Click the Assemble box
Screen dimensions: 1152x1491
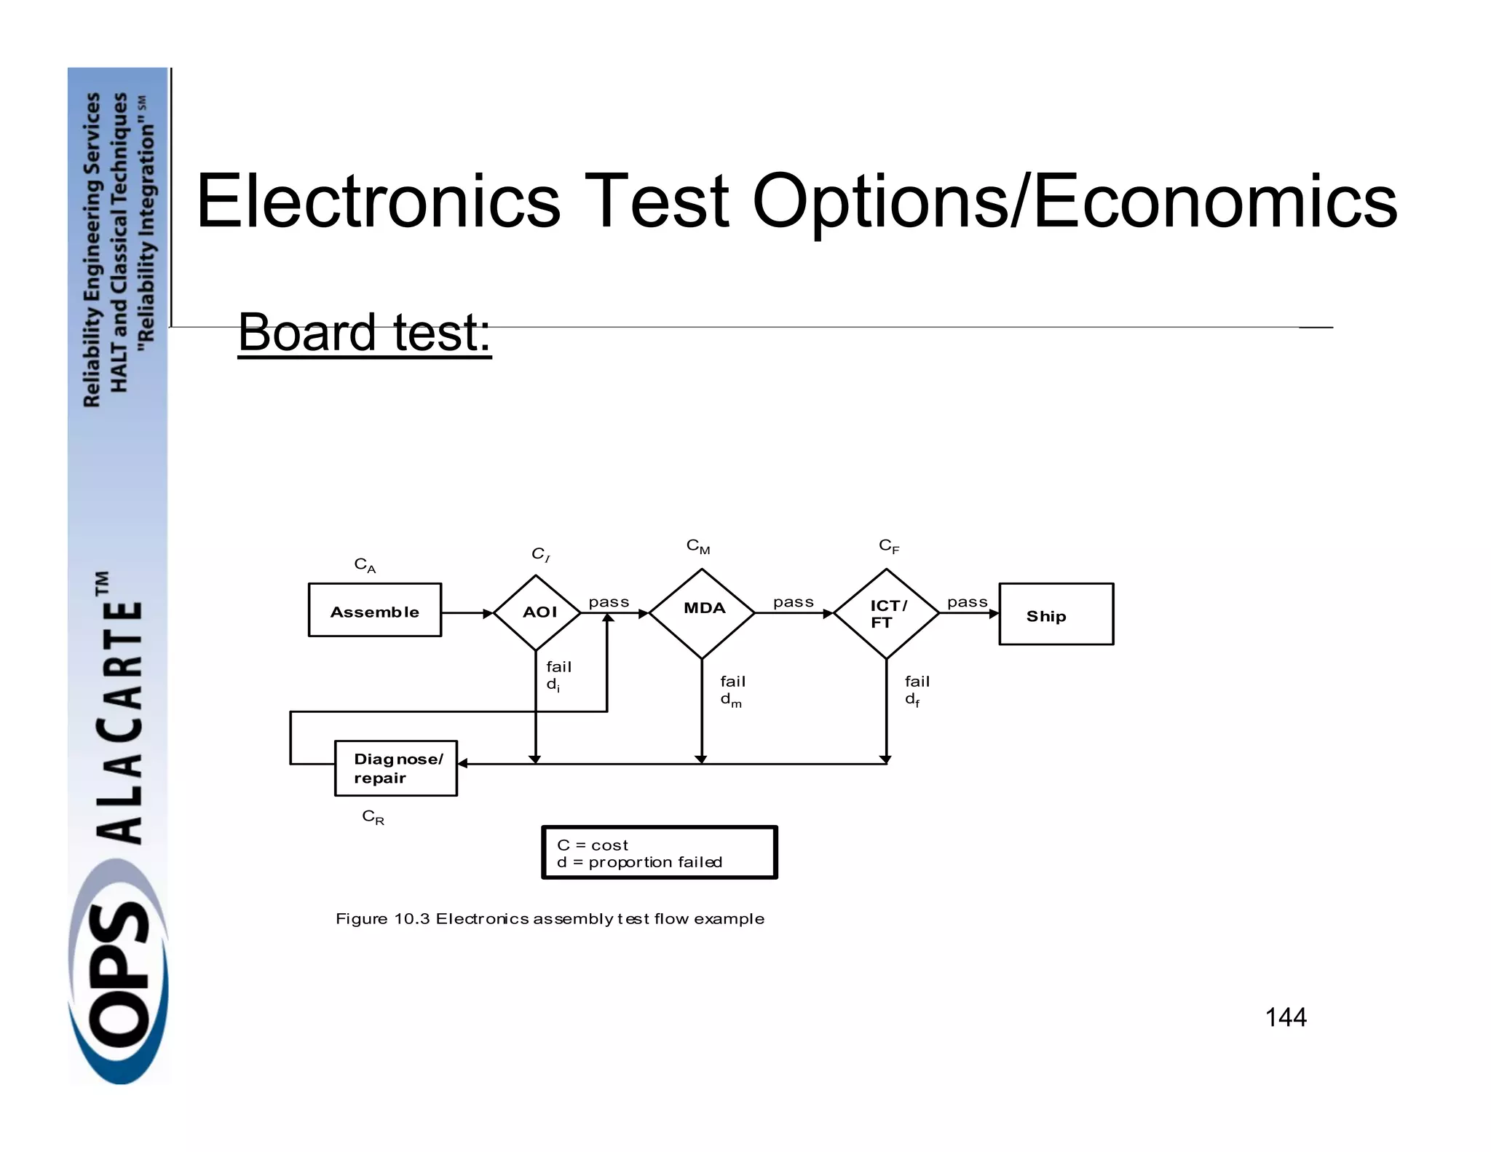click(374, 610)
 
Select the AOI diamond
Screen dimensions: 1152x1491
click(537, 612)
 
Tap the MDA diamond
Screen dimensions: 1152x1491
click(702, 612)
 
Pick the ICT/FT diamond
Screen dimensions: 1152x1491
click(886, 614)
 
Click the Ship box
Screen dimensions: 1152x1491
click(1056, 615)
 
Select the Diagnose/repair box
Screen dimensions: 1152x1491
click(396, 768)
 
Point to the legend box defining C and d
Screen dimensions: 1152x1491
click(660, 853)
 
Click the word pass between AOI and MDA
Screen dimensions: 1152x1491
click(609, 602)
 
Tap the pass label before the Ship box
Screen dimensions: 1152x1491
click(967, 602)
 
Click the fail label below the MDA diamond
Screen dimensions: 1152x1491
click(732, 682)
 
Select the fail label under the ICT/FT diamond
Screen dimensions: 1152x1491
click(917, 682)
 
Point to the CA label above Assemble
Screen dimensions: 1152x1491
click(365, 565)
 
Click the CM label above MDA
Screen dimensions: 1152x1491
click(697, 547)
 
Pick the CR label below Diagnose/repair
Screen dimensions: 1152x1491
click(373, 817)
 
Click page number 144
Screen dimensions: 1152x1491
click(1286, 1017)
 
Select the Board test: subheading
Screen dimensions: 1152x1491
click(365, 332)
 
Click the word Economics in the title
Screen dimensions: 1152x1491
click(1214, 201)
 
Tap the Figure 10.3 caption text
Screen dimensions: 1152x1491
click(550, 919)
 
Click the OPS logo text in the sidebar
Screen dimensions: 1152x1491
click(119, 990)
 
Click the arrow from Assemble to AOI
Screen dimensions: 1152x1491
click(467, 613)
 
